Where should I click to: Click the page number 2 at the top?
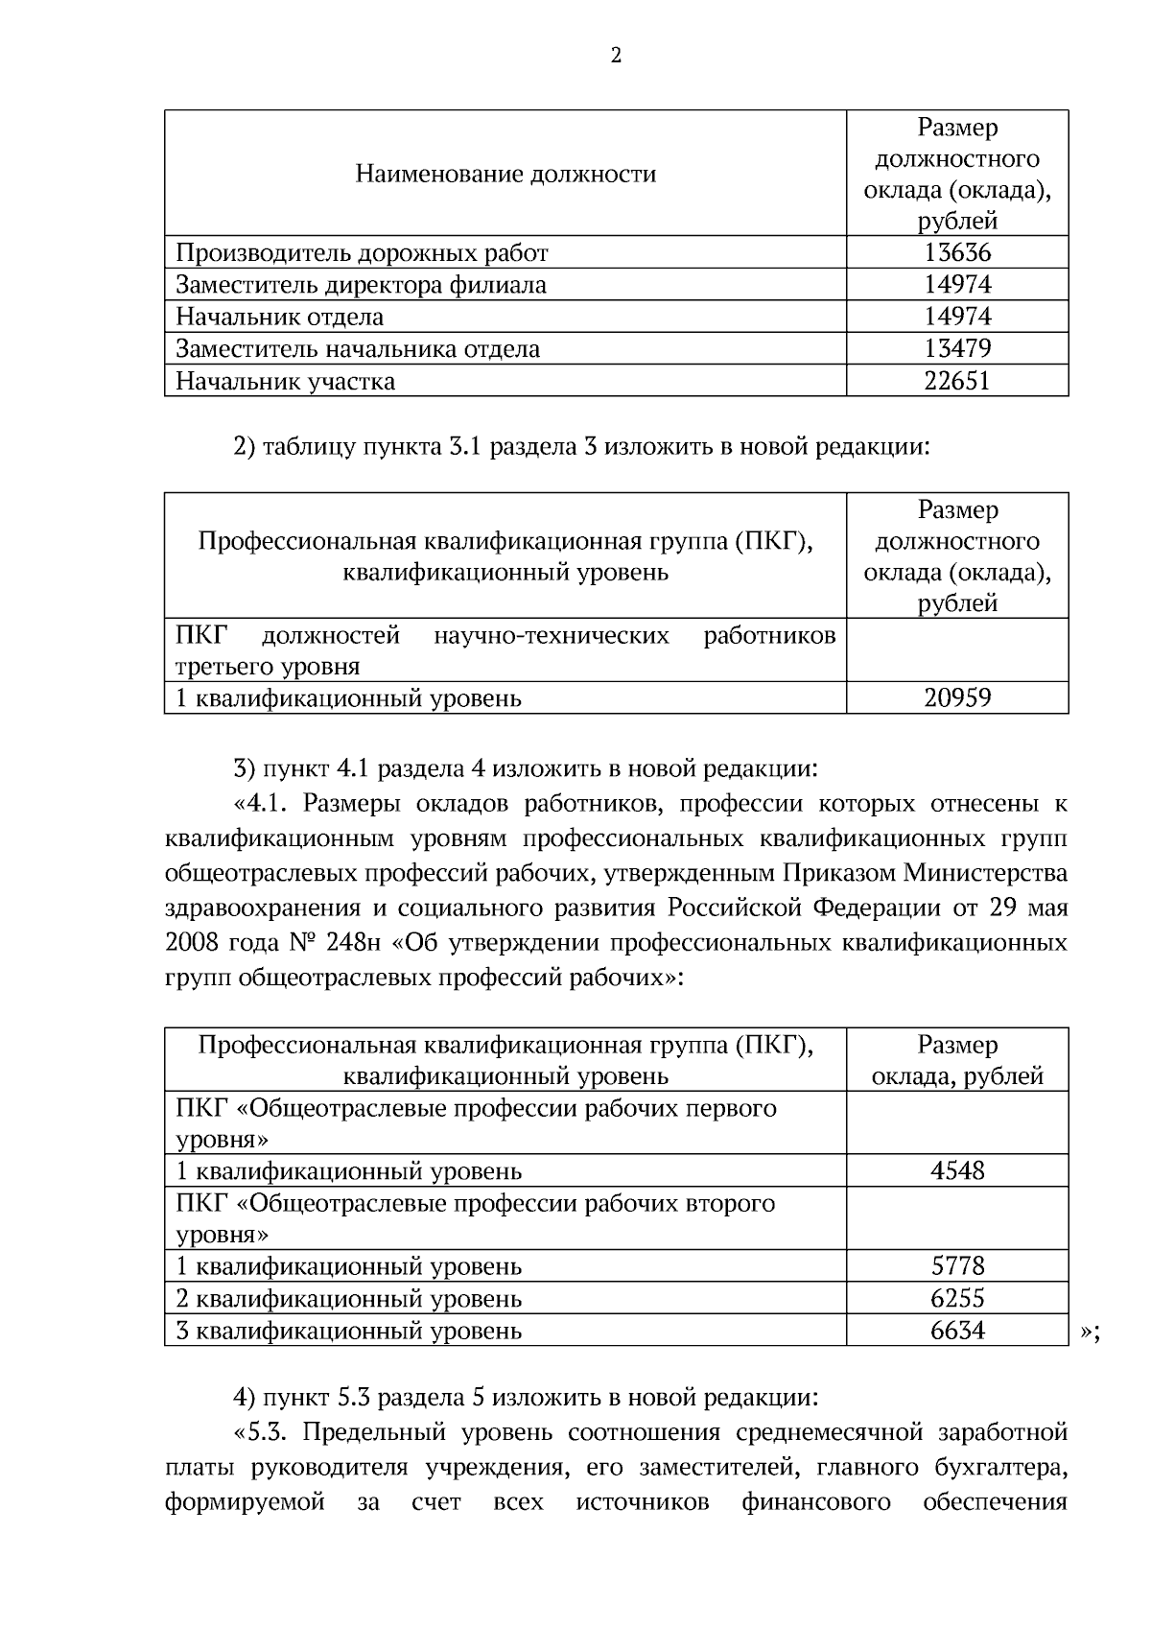click(616, 56)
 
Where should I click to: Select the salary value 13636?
click(956, 253)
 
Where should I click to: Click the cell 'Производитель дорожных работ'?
click(362, 253)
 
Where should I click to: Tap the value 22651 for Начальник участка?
click(956, 381)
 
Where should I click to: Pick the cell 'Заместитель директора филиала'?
click(361, 285)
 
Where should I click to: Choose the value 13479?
click(956, 348)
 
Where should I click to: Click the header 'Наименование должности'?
click(505, 174)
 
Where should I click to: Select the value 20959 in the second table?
click(956, 697)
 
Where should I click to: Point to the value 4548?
click(956, 1170)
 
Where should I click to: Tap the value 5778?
click(956, 1265)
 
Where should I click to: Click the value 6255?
click(956, 1298)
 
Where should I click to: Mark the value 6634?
click(956, 1330)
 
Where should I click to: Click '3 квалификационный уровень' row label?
click(349, 1331)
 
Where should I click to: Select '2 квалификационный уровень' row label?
click(349, 1298)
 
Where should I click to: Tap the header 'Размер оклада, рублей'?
click(956, 1060)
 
